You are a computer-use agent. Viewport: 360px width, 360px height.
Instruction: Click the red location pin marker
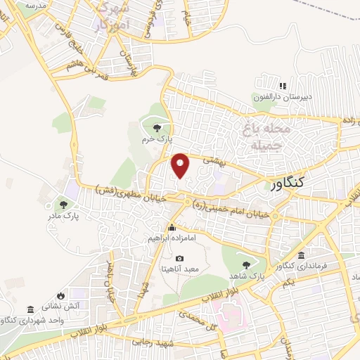pos(181,165)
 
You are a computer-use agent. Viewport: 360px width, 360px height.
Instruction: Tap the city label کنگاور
pos(290,184)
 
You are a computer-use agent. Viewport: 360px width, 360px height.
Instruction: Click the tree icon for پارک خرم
pos(155,127)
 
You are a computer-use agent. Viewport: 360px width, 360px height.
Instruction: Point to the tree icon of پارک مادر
pos(65,205)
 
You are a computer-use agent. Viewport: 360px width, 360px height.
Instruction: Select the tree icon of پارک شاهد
pos(246,265)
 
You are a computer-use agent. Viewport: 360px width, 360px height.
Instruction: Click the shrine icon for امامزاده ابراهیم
pos(172,227)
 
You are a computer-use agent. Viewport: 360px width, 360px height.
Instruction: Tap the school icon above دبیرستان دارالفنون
pos(283,86)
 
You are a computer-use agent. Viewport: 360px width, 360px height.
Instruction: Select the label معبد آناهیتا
pos(181,269)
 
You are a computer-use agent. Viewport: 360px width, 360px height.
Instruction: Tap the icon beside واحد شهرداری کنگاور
pos(30,309)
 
